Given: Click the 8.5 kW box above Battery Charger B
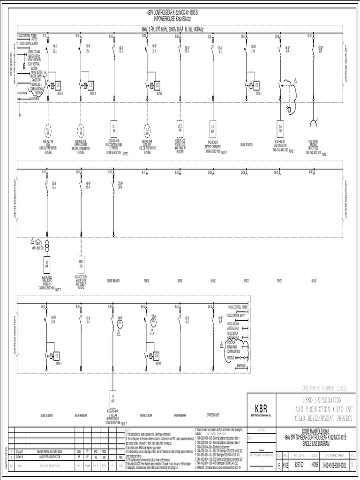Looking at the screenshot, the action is pos(213,128).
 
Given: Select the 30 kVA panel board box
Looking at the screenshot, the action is pos(47,262).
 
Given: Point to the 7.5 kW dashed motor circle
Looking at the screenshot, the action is pos(81,129).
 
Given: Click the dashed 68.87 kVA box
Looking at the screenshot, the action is pos(81,262).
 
